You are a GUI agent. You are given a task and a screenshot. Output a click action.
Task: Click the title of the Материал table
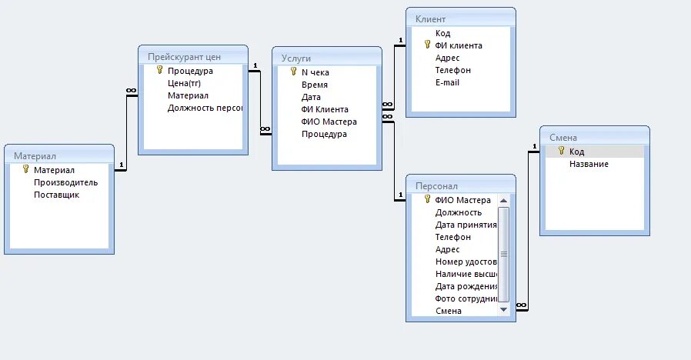point(35,156)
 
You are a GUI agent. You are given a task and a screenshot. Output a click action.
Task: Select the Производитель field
point(65,182)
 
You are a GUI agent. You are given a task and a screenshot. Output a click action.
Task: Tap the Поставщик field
point(56,195)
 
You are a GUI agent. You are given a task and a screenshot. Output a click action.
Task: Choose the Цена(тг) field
point(185,83)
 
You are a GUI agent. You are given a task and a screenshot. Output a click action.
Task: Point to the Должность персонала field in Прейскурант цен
point(205,108)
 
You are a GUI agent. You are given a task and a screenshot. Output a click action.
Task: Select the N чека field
point(315,72)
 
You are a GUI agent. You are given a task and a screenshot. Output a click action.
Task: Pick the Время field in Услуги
point(315,85)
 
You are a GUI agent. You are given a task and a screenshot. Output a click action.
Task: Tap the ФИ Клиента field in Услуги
point(325,109)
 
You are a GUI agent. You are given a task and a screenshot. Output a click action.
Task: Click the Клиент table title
point(430,19)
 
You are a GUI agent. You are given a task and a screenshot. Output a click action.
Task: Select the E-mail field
point(447,82)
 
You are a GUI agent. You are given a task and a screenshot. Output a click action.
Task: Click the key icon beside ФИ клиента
point(427,45)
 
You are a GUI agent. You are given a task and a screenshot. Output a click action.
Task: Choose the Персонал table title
point(436,186)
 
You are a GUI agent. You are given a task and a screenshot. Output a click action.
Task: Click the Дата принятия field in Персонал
point(464,225)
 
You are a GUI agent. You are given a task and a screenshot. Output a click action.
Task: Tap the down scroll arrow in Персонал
point(503,308)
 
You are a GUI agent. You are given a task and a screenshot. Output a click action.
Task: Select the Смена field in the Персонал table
point(448,311)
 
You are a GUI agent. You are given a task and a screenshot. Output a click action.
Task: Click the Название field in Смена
point(589,164)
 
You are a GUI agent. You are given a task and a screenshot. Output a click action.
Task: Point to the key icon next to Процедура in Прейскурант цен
point(160,70)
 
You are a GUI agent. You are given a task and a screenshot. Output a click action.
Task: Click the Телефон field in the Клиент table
point(452,70)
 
